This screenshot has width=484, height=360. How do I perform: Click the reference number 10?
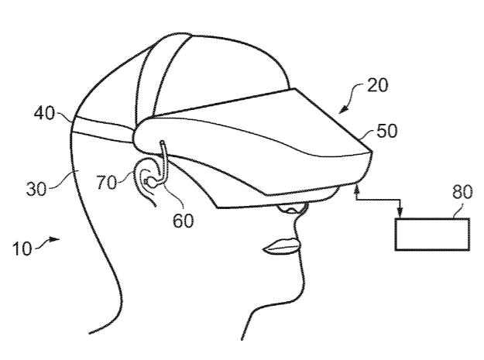tap(22, 249)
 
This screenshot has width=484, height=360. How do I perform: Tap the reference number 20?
tap(377, 85)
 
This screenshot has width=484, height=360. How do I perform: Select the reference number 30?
tap(36, 189)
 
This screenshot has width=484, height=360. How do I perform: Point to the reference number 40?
tap(44, 113)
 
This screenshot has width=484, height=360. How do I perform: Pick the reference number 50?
tap(386, 131)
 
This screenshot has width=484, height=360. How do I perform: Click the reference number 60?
tap(183, 221)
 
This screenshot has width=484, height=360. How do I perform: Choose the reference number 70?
tap(107, 182)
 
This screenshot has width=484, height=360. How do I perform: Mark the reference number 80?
tap(462, 192)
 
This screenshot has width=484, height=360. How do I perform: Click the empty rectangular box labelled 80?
tap(432, 234)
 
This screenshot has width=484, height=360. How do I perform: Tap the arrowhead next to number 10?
tap(54, 239)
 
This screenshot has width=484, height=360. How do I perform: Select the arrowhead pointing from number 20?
tap(344, 109)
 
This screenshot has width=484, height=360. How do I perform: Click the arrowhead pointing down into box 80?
tap(400, 213)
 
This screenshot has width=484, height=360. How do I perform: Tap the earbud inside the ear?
tap(150, 182)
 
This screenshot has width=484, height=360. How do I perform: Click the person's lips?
tap(282, 246)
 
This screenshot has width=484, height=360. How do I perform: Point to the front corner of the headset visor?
tap(371, 151)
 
